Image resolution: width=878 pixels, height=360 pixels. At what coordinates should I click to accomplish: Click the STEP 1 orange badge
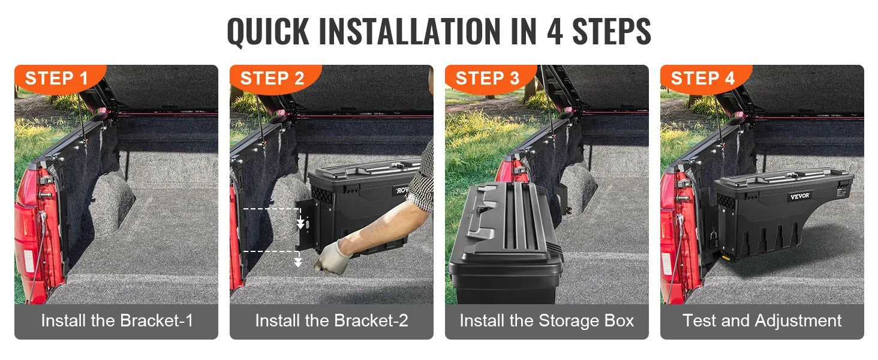57,79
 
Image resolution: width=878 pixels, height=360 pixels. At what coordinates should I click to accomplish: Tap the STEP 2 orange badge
272,79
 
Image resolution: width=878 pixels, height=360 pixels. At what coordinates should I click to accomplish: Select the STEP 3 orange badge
488,79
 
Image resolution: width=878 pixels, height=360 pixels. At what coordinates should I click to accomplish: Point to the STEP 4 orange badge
703,79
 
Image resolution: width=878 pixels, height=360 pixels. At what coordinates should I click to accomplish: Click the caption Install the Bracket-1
117,320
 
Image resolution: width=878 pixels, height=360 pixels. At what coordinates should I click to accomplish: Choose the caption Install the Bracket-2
332,320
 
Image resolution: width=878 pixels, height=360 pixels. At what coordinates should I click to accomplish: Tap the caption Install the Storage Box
546,320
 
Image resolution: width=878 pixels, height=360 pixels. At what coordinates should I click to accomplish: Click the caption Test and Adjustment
762,320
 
